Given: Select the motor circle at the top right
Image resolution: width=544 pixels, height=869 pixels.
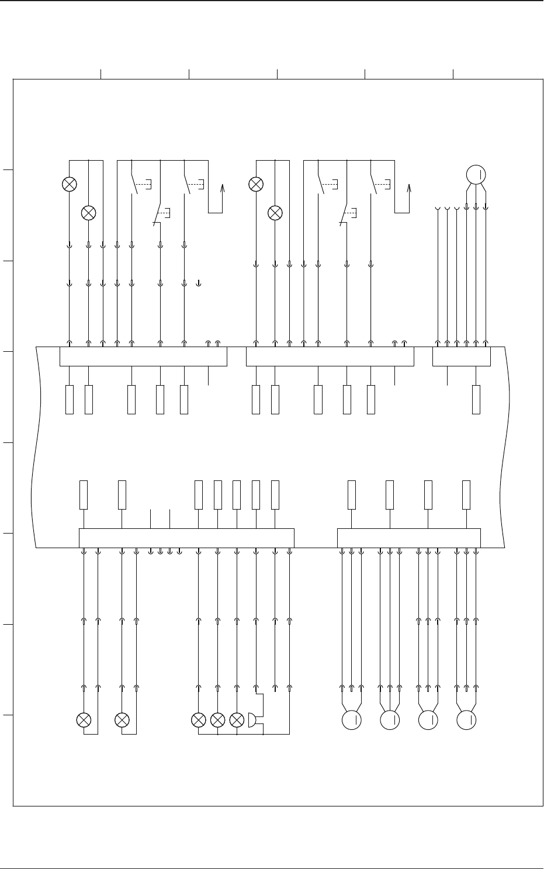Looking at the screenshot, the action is [x=476, y=174].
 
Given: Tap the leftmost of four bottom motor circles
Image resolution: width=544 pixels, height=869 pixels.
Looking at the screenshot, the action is [x=352, y=720].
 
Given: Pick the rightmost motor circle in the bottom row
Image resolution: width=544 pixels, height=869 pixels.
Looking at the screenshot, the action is [x=466, y=720].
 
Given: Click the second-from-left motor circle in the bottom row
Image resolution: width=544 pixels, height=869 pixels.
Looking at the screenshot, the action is [x=390, y=720].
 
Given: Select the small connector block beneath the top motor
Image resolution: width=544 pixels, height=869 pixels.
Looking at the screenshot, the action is [x=462, y=356].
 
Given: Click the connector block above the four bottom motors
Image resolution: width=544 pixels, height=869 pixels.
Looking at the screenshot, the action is [x=409, y=538].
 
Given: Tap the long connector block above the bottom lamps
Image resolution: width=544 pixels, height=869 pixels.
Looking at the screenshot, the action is [x=186, y=538].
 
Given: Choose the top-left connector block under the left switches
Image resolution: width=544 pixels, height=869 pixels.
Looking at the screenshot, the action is [x=143, y=356].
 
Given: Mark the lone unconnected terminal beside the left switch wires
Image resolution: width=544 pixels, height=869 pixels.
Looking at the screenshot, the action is [x=199, y=283].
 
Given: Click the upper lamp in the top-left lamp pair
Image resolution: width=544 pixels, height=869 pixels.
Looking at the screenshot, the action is [x=70, y=184].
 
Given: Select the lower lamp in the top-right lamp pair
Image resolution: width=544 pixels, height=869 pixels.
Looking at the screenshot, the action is [x=275, y=213].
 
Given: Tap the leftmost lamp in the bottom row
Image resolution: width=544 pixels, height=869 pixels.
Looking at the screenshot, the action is [x=84, y=720].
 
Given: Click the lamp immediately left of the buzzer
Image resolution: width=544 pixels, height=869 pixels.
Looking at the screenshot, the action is [x=237, y=720].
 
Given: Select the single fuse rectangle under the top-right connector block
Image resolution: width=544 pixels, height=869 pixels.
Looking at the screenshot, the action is [x=476, y=400].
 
